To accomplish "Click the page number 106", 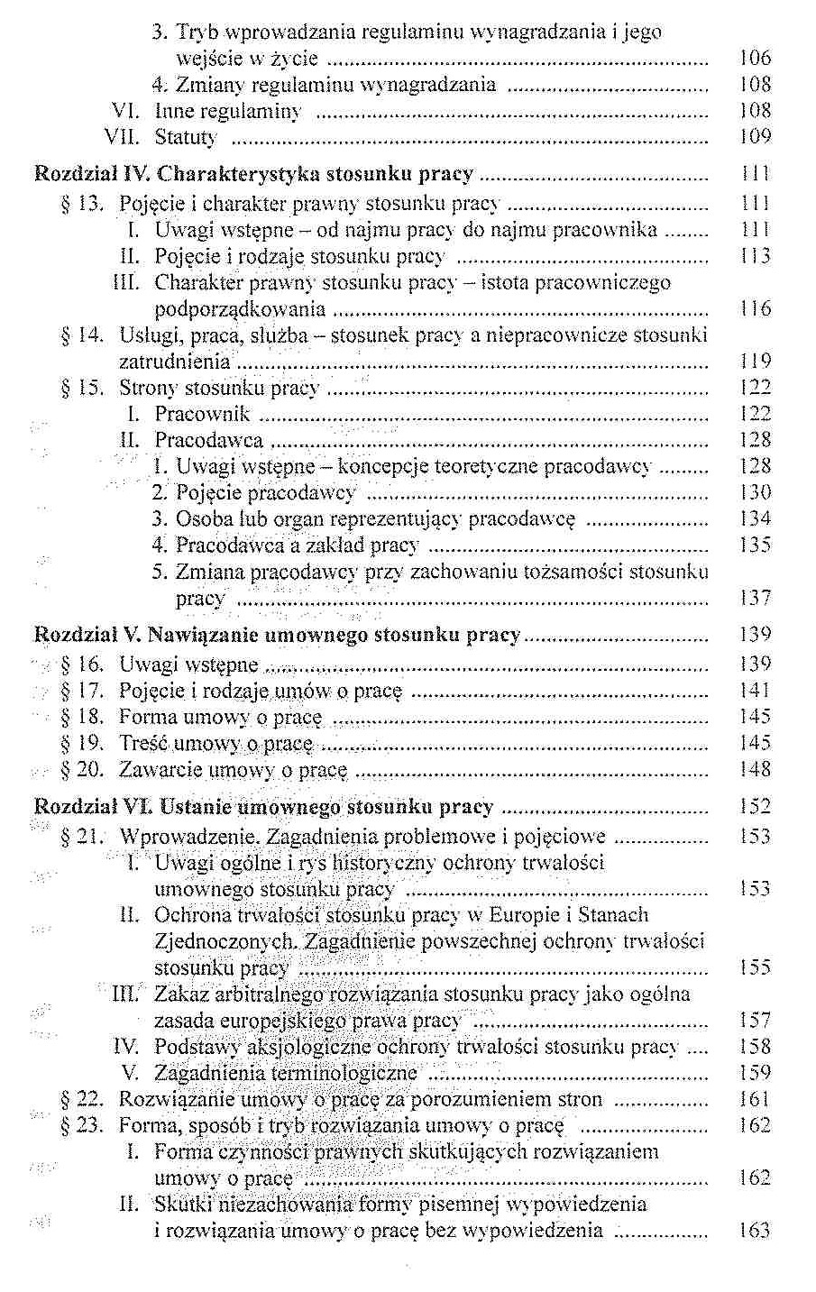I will tap(755, 59).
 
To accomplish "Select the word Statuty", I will tap(186, 137).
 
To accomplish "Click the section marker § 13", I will tap(83, 204).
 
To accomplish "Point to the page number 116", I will tap(755, 309).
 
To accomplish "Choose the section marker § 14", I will tap(83, 335).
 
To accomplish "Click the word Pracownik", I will tap(202, 414).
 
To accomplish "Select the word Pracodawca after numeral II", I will tap(208, 440).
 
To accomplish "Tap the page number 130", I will tap(755, 492).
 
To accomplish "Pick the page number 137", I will tap(755, 598).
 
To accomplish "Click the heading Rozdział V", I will tap(86, 635).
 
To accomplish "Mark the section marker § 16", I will tap(83, 665).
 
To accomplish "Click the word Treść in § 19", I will tap(142, 744).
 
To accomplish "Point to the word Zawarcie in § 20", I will tap(160, 770).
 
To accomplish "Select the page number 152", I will tap(755, 807).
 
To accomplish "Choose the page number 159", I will tap(755, 1073).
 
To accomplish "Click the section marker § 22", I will tap(83, 1099).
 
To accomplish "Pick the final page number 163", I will tap(755, 1231).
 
